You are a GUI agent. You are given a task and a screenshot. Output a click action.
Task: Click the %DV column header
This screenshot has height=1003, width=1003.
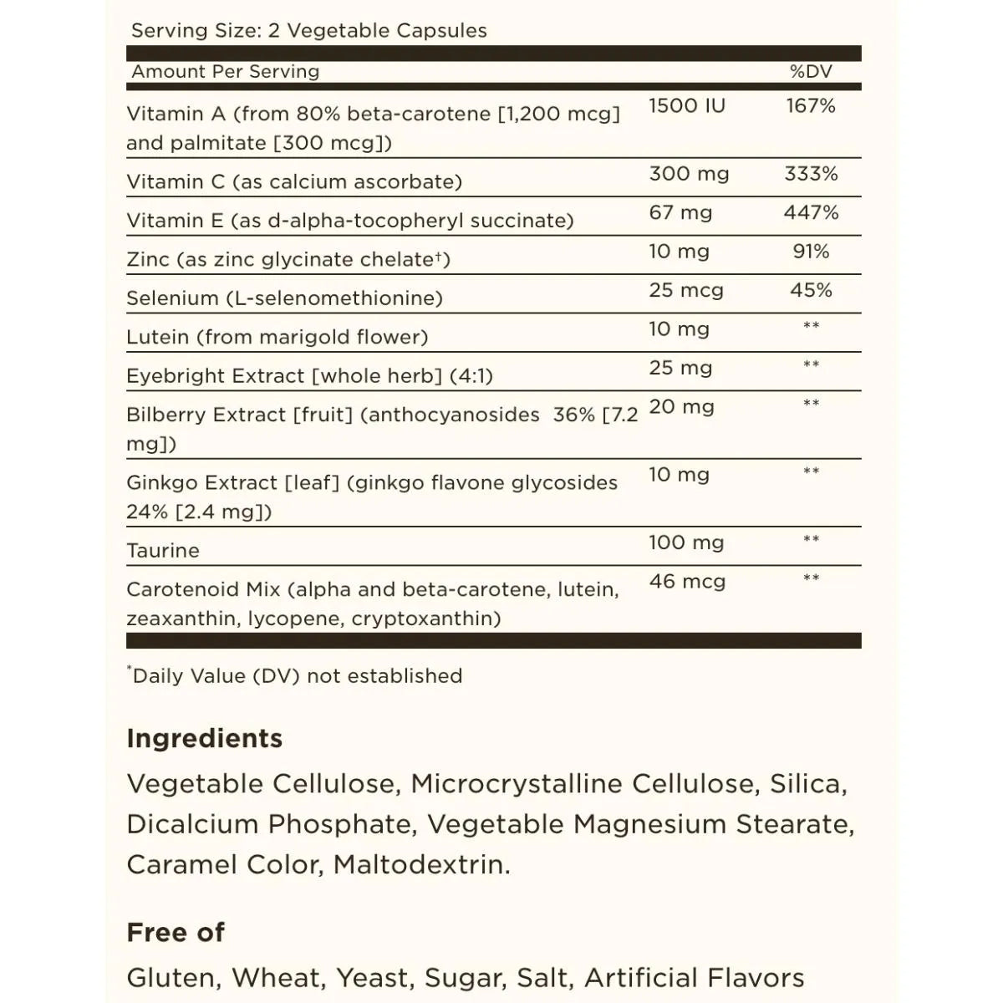click(x=811, y=72)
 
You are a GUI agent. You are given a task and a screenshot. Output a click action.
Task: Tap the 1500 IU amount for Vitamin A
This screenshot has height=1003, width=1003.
click(x=687, y=106)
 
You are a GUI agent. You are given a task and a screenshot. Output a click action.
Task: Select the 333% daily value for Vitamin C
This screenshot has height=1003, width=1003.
click(x=811, y=174)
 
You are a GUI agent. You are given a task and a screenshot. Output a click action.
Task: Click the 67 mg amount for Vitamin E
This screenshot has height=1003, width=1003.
click(x=680, y=213)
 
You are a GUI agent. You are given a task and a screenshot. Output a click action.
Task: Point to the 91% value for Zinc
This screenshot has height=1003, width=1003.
click(x=811, y=252)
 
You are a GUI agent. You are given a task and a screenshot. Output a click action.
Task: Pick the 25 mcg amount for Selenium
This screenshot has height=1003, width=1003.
click(x=685, y=291)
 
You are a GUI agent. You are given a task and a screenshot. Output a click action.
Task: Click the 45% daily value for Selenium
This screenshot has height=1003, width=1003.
click(x=811, y=291)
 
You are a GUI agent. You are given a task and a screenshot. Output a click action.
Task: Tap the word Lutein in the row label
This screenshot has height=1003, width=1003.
click(x=158, y=337)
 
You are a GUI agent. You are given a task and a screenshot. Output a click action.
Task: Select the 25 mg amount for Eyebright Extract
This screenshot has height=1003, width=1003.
click(x=680, y=369)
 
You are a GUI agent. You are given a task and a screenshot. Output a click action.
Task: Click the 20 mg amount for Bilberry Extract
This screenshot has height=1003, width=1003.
click(x=681, y=408)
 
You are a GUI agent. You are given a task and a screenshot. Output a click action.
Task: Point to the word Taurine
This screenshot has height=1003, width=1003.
click(x=163, y=551)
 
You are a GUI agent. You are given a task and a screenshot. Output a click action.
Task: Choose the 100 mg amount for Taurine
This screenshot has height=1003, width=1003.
click(x=686, y=543)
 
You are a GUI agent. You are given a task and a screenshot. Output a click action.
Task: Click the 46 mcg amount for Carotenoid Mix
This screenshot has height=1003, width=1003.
click(x=687, y=582)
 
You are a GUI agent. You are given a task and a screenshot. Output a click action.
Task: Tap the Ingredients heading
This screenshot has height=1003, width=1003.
click(x=205, y=738)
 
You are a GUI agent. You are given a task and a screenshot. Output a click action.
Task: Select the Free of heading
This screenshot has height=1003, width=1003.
click(x=176, y=932)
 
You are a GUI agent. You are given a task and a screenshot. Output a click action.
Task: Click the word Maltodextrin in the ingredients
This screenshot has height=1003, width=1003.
click(x=421, y=864)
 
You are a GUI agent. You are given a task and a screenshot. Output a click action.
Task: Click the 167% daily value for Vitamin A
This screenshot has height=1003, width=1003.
click(x=811, y=106)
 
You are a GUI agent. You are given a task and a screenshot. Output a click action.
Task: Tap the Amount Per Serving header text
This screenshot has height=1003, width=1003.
click(x=226, y=72)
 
